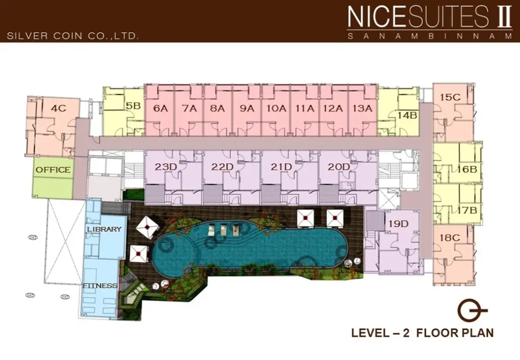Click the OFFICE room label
[53, 170]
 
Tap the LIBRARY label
[104, 229]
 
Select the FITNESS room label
[100, 286]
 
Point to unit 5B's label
[133, 106]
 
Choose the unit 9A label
[246, 108]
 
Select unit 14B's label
[407, 115]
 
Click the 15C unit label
[450, 97]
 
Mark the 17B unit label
[467, 210]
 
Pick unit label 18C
[450, 238]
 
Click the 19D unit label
[398, 224]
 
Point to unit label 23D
[166, 166]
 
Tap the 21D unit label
[281, 166]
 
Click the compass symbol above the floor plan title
[472, 311]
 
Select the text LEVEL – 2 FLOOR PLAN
[422, 332]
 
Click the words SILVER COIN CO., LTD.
[73, 36]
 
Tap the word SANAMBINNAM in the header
[430, 36]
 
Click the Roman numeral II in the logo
[503, 17]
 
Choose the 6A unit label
[161, 108]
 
